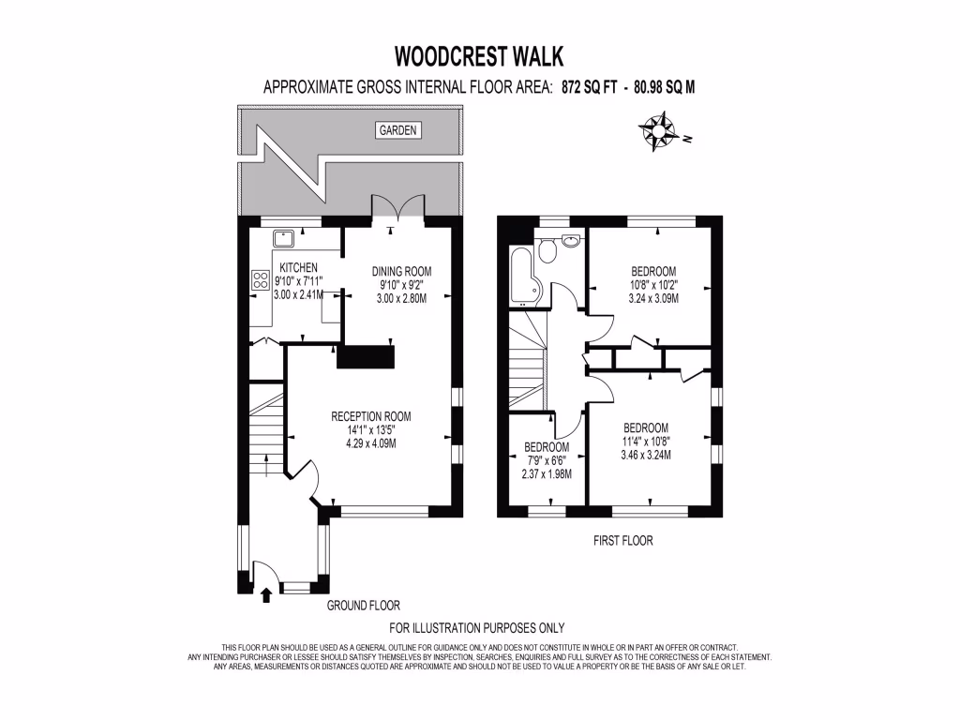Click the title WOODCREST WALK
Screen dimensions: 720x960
coord(479,57)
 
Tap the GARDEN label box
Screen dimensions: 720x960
coord(398,130)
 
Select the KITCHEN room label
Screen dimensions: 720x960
coord(298,268)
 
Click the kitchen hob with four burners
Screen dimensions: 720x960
coord(261,279)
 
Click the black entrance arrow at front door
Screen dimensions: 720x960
coord(265,593)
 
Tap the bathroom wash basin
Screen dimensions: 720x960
coord(571,241)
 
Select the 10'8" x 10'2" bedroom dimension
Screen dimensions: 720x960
coord(653,284)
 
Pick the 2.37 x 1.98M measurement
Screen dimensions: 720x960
coord(547,473)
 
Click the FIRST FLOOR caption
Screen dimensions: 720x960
coord(623,541)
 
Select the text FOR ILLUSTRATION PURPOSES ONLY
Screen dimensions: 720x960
coord(476,628)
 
